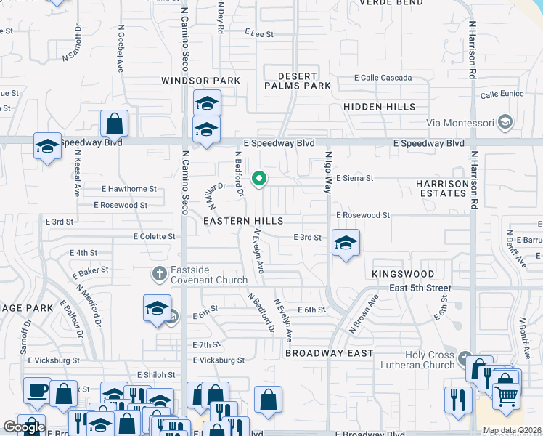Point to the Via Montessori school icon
pos(506,121)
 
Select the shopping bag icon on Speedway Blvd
pos(115,124)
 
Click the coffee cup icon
pos(37,391)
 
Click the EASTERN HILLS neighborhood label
pos(243,219)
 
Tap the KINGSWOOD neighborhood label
pos(403,274)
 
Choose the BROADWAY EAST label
pos(329,353)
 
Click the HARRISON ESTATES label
pos(441,188)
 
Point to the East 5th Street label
pos(420,288)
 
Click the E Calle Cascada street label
pos(383,78)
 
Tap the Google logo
pos(24,427)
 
